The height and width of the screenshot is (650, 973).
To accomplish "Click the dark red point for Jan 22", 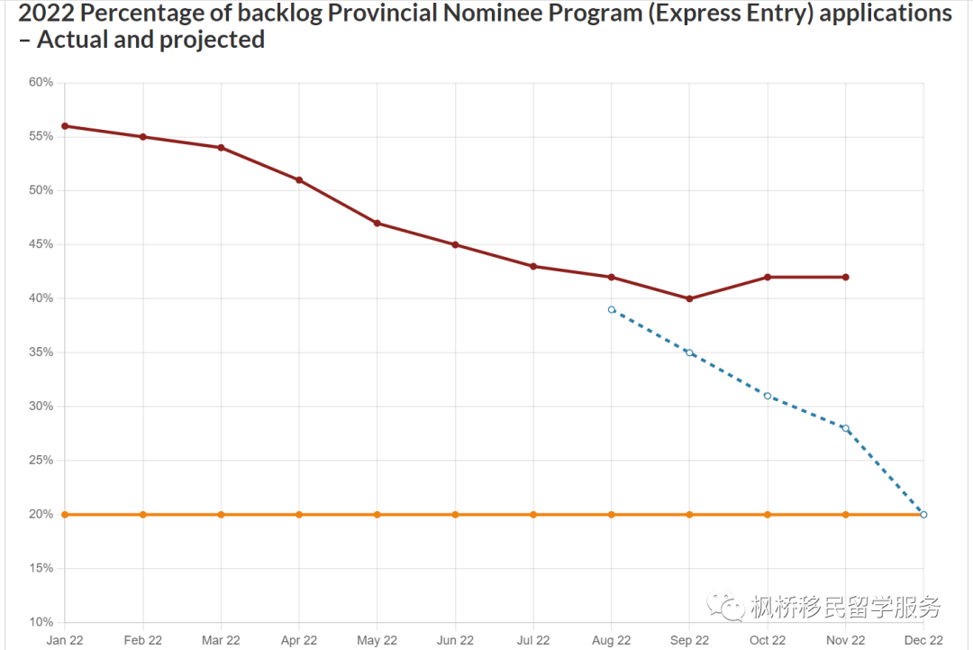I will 65,126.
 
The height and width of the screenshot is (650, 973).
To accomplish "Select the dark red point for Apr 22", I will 299,180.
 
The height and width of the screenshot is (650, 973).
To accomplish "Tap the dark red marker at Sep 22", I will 689,298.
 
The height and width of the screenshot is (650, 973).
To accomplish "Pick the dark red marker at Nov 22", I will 845,277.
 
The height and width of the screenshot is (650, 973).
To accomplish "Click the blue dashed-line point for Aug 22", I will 612,309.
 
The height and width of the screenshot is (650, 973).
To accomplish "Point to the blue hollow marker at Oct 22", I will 768,396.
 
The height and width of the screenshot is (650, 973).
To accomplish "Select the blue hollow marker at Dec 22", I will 923,515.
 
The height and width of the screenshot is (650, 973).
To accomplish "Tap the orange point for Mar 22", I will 221,515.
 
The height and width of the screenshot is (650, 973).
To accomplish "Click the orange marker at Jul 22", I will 533,515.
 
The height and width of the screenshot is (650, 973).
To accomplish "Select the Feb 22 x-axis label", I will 143,641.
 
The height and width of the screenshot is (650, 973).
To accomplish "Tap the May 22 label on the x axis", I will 377,641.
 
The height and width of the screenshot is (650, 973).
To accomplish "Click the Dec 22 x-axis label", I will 923,641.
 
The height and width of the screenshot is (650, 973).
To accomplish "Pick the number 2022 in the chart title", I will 37,14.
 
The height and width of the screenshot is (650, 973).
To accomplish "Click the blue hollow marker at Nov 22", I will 845,428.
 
